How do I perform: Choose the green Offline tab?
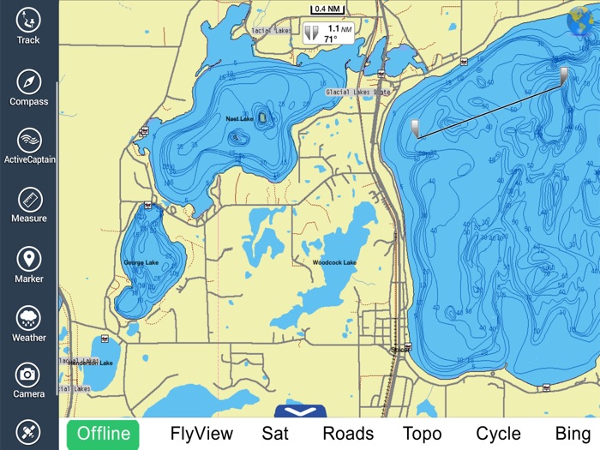(x=104, y=434)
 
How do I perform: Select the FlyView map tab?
(x=201, y=434)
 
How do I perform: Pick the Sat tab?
(x=275, y=434)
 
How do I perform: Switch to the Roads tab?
(x=348, y=434)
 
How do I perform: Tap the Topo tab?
(x=422, y=434)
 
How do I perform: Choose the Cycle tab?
(x=498, y=434)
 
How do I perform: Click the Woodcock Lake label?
(x=334, y=262)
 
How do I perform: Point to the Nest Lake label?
(x=239, y=118)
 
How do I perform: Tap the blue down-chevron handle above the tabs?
(x=301, y=411)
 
